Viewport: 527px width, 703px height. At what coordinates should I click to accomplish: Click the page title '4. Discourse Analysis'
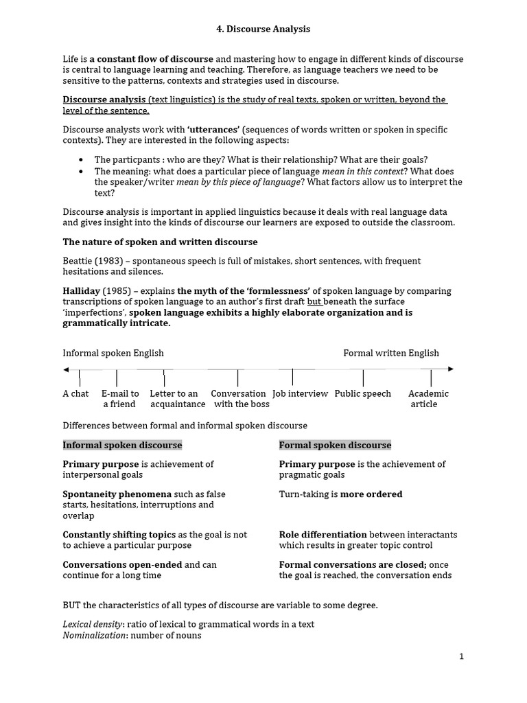(259, 29)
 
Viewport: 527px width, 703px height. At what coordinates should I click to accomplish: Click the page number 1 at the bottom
(462, 656)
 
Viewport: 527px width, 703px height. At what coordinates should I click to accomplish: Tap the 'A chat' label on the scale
(75, 394)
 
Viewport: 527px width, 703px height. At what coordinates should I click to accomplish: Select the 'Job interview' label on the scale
(301, 394)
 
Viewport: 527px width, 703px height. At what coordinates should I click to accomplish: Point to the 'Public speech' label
(362, 394)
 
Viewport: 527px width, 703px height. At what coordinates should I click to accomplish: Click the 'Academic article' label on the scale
(428, 399)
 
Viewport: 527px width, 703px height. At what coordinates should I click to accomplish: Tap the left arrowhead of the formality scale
(66, 369)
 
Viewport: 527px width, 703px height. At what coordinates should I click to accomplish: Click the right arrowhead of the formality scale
(451, 369)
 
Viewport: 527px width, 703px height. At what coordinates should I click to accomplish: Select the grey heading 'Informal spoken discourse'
(122, 445)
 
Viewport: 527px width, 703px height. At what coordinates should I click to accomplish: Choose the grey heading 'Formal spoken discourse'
(335, 445)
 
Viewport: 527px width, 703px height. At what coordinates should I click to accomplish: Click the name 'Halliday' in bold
(82, 291)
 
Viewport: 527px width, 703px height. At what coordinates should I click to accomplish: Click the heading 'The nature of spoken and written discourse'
(160, 242)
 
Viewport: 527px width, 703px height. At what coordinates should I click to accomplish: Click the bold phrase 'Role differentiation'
(323, 535)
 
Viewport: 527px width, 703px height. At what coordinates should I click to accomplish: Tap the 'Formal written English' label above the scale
(391, 354)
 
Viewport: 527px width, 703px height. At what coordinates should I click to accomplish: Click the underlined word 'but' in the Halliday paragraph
(314, 302)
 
